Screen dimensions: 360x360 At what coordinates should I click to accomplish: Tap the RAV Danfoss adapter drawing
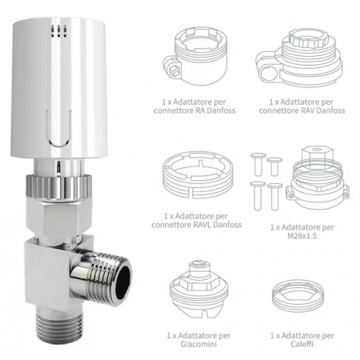[298, 58]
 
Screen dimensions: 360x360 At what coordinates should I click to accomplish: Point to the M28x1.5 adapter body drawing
[318, 175]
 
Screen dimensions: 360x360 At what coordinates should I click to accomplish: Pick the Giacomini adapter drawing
[199, 290]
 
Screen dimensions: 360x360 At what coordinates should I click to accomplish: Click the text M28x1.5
[302, 236]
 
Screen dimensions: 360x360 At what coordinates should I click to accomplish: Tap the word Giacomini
[198, 344]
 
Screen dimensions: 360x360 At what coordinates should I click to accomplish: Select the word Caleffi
[302, 344]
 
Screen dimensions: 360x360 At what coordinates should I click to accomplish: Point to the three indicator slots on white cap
[58, 31]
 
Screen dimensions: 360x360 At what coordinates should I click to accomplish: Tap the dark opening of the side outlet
[124, 276]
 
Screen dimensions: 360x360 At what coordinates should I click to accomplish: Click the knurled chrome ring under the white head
[59, 186]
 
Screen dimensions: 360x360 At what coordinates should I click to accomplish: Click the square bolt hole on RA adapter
[173, 70]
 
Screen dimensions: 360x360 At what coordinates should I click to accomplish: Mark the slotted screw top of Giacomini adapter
[199, 265]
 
